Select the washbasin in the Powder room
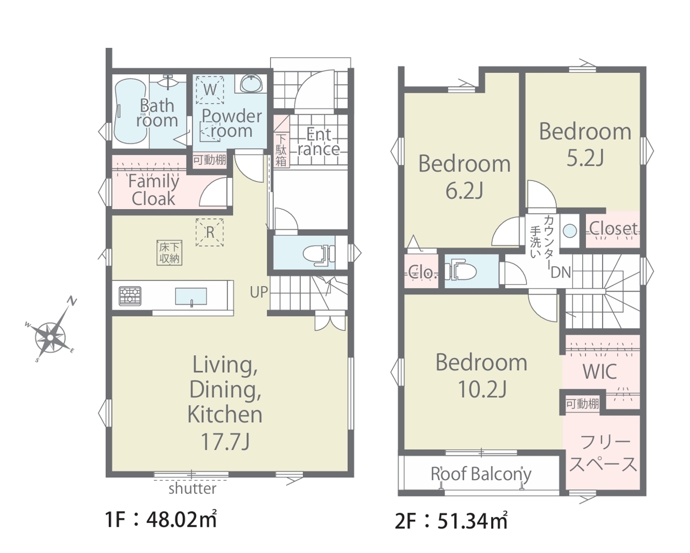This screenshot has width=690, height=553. (x=252, y=84)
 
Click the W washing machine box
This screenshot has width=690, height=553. (x=210, y=90)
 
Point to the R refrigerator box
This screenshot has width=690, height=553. (x=210, y=232)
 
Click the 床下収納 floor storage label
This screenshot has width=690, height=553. (x=170, y=253)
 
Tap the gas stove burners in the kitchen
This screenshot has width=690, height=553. (x=130, y=296)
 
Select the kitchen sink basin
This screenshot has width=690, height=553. (x=191, y=296)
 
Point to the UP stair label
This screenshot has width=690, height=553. (x=259, y=292)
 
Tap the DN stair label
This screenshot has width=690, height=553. (x=561, y=273)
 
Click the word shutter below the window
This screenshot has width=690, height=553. (x=192, y=489)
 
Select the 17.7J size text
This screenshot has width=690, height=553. (x=225, y=442)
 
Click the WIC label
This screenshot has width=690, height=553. (x=599, y=371)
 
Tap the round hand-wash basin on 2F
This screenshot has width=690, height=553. (x=570, y=231)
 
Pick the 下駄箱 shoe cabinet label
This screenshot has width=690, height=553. (x=281, y=150)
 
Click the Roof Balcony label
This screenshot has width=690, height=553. (x=481, y=474)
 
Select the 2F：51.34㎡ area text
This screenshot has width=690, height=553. (x=451, y=521)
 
